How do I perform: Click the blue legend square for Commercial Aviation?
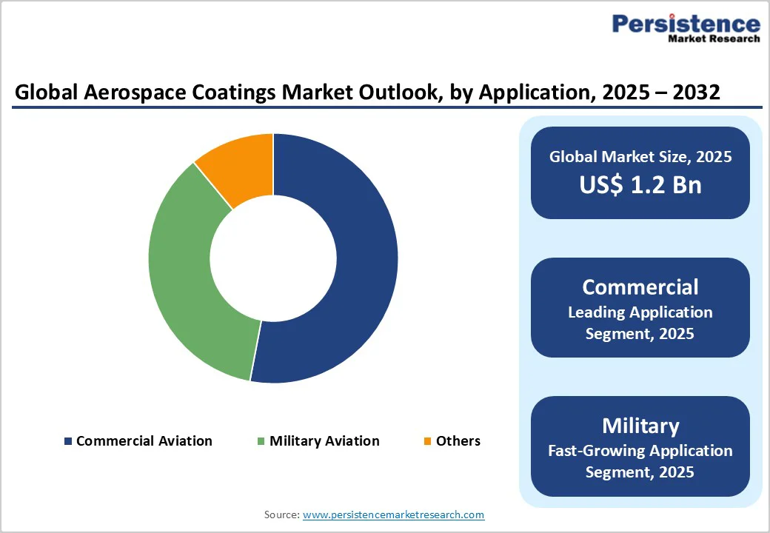[68, 441]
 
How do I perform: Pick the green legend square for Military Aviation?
[261, 441]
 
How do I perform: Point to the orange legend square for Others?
[427, 441]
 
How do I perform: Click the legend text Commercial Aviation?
[144, 441]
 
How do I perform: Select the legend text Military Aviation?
[324, 441]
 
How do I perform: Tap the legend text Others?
[458, 441]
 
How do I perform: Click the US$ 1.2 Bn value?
[640, 184]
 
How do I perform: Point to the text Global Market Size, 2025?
[640, 157]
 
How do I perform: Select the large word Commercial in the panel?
[640, 286]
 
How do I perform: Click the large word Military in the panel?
[640, 426]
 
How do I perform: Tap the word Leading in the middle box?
[597, 312]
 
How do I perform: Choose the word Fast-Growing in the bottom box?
[593, 451]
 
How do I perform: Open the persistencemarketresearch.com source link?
[393, 514]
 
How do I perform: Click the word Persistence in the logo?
[686, 24]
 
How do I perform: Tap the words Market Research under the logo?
[714, 38]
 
